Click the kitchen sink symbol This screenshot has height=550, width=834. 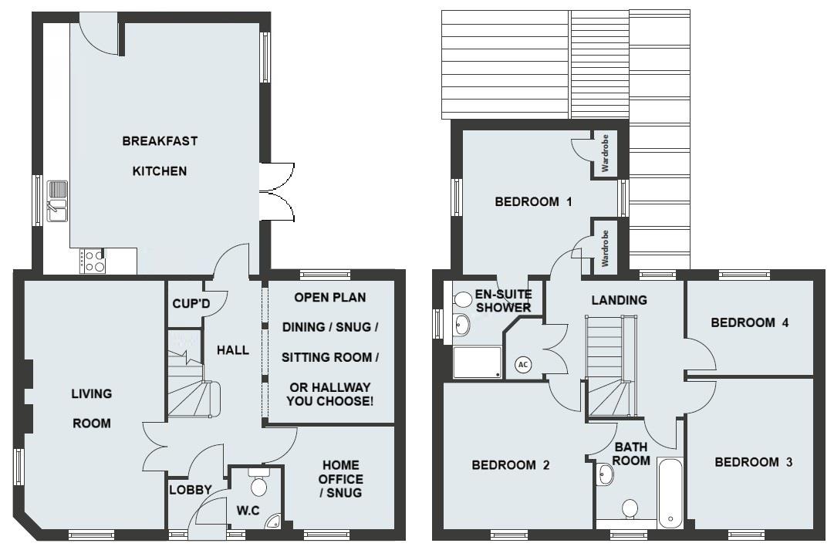tap(58, 199)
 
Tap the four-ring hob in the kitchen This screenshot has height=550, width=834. tap(93, 261)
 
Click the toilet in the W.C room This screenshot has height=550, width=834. tap(258, 485)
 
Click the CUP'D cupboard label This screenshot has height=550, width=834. tap(191, 304)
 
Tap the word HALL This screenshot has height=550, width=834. tap(232, 350)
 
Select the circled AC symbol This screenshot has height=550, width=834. tap(522, 364)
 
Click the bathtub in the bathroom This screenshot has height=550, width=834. tap(670, 493)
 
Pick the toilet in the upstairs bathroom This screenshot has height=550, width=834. tap(630, 509)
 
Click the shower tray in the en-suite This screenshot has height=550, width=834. tap(476, 362)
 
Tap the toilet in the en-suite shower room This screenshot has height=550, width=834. tap(463, 299)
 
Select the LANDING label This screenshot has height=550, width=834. tap(619, 300)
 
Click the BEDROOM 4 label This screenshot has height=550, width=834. tap(749, 323)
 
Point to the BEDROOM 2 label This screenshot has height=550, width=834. tap(510, 465)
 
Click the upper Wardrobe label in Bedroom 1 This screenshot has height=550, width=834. tap(606, 153)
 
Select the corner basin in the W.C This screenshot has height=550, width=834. tap(272, 524)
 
